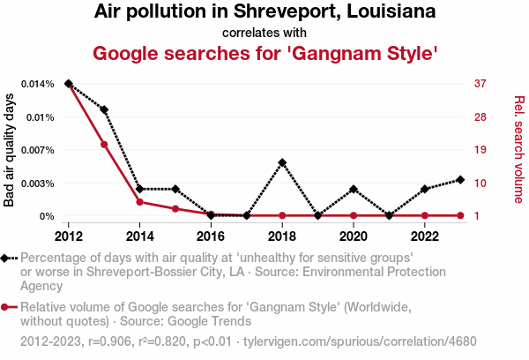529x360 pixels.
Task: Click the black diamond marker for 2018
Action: tap(282, 162)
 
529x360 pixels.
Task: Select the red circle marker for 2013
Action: tap(104, 145)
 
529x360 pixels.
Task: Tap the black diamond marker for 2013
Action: tap(104, 110)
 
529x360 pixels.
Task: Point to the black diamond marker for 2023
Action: tap(461, 180)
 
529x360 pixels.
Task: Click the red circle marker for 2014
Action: tap(139, 202)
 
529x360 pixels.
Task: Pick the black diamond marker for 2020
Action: tap(354, 189)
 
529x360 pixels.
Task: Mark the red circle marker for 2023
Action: tap(461, 215)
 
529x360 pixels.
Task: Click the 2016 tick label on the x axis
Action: tap(211, 236)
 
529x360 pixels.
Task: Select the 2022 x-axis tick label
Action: tap(425, 236)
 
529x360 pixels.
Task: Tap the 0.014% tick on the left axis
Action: tap(37, 84)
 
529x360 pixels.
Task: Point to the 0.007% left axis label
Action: tap(37, 150)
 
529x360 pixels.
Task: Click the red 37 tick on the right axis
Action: tap(481, 84)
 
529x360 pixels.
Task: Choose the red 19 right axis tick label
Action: tap(481, 150)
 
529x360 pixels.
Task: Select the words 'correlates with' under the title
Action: tap(264, 34)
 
